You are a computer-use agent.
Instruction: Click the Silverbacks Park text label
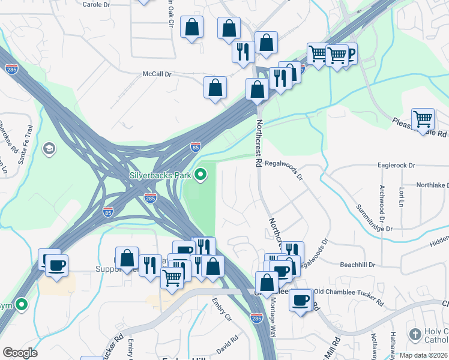click(x=161, y=175)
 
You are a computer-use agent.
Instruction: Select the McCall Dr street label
click(x=157, y=74)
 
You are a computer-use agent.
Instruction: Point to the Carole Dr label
click(x=96, y=4)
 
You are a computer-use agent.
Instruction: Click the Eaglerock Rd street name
click(x=397, y=164)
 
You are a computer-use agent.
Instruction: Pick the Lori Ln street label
click(x=401, y=196)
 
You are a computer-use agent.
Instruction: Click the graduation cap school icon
click(x=48, y=148)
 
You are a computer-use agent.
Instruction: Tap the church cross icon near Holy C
click(x=415, y=334)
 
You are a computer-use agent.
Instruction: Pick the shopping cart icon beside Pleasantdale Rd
click(x=423, y=118)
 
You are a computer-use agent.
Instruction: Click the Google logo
click(x=20, y=353)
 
